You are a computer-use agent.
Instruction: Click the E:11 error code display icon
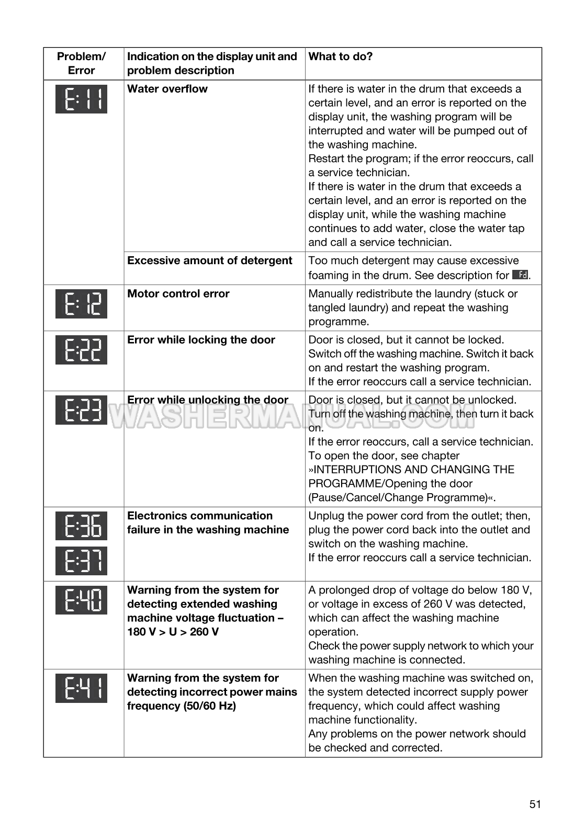tap(81, 99)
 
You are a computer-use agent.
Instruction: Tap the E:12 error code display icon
tap(81, 304)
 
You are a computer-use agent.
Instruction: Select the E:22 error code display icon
tap(81, 350)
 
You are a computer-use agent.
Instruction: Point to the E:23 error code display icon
tap(81, 410)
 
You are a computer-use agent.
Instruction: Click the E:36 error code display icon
tap(81, 526)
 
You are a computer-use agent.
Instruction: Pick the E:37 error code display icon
tap(81, 561)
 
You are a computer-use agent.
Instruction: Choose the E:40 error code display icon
tap(81, 600)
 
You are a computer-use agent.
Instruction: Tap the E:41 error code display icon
tap(81, 688)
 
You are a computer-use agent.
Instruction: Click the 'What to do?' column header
tap(341, 56)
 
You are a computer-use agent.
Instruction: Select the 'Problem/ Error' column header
tap(81, 63)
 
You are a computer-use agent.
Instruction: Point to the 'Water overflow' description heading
tap(167, 89)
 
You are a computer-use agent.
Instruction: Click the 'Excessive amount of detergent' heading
tap(209, 260)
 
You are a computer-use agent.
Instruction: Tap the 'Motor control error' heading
tap(178, 294)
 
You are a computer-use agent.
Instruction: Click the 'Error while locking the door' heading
tap(201, 340)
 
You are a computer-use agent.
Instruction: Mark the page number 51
tap(535, 804)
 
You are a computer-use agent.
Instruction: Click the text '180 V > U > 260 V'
tap(173, 632)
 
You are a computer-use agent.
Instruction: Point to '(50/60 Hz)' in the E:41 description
tap(208, 706)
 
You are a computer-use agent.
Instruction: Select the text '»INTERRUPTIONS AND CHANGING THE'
tap(411, 470)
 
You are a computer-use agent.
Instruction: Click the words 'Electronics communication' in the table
tap(200, 516)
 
